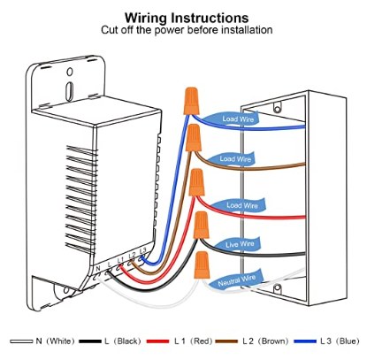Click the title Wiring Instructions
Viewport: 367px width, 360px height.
tap(187, 18)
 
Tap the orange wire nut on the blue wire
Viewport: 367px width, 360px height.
tap(191, 101)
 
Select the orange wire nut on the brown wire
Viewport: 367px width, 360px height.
tap(194, 137)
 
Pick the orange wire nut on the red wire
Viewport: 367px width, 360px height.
tap(197, 182)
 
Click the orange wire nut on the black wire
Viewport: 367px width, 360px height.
tap(202, 225)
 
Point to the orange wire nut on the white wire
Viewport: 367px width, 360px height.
tap(203, 264)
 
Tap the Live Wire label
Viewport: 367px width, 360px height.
tap(240, 244)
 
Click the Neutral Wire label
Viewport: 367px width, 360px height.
tap(236, 280)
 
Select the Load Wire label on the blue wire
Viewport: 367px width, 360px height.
tap(238, 119)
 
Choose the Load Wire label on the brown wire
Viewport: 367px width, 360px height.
tap(235, 159)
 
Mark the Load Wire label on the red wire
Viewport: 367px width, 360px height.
tap(242, 205)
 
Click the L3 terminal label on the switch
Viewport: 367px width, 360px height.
tap(142, 250)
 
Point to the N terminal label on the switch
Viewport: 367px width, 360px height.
tap(98, 268)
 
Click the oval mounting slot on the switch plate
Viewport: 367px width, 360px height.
tap(69, 90)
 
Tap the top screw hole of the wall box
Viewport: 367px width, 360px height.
tap(277, 109)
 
